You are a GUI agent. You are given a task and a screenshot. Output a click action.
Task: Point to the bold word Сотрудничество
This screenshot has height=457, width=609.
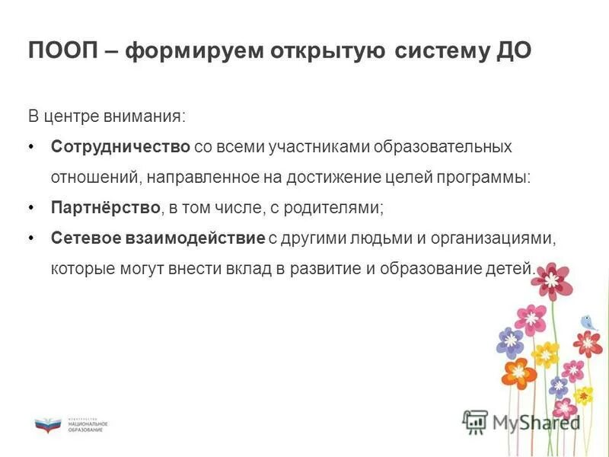(x=120, y=145)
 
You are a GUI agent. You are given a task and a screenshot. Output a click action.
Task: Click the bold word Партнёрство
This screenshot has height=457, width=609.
(x=106, y=207)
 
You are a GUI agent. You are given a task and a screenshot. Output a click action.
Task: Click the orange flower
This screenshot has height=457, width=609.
(x=518, y=371)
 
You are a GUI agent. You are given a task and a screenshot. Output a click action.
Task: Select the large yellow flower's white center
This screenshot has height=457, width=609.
(x=546, y=354)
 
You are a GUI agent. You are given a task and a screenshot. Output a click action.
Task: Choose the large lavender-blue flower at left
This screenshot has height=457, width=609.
(x=509, y=342)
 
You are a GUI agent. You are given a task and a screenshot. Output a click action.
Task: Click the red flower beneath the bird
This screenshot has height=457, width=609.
(x=588, y=344)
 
